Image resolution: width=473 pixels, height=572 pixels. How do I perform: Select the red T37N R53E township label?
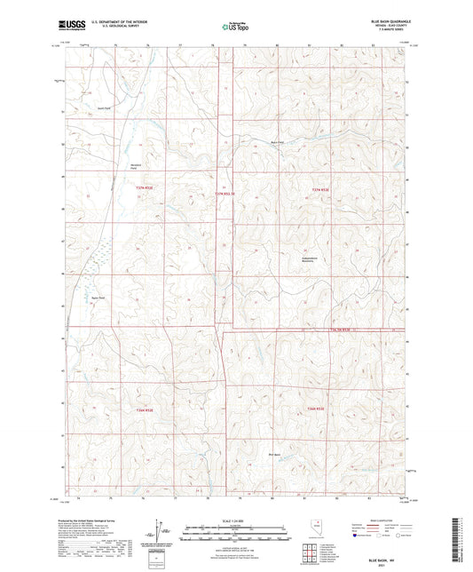(x=321, y=188)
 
